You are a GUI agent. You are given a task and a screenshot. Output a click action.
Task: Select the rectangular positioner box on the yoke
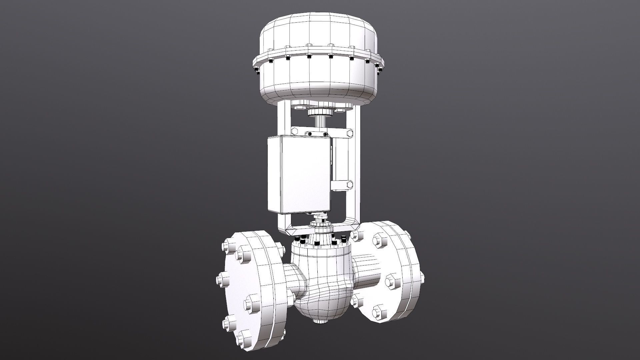tap(298, 174)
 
